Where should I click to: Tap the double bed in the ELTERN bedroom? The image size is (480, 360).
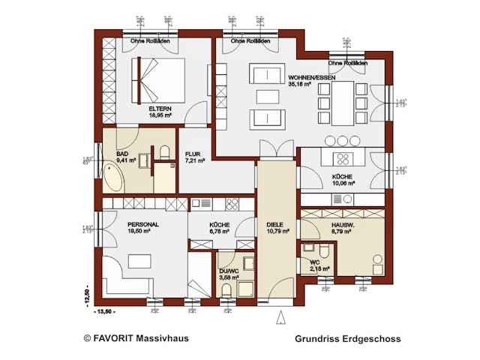click(x=159, y=79)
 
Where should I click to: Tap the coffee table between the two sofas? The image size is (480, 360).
click(x=266, y=96)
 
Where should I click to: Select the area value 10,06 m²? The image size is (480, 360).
click(x=343, y=182)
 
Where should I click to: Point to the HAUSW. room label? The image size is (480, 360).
click(x=344, y=224)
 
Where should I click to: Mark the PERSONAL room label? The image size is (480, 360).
click(x=142, y=224)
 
